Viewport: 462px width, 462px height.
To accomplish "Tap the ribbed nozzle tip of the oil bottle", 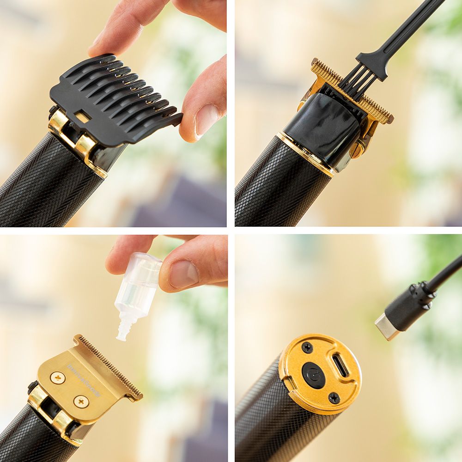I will click(123, 331).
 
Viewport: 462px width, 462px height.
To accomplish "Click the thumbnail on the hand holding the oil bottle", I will click(183, 274).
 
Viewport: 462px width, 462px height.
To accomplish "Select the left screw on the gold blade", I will click(58, 377).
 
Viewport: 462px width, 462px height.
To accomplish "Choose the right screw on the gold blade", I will click(81, 401).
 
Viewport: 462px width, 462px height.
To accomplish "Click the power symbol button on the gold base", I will click(314, 375).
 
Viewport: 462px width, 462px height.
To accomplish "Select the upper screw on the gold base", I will click(307, 347).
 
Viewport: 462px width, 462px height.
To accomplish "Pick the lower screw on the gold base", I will click(334, 398).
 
